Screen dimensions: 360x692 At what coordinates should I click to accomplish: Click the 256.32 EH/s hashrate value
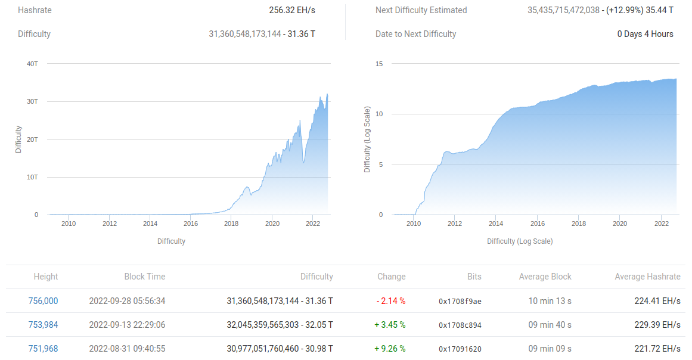tap(292, 10)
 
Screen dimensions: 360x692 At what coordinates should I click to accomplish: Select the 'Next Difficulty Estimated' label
tap(421, 10)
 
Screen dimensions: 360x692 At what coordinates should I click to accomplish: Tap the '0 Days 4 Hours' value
tap(645, 34)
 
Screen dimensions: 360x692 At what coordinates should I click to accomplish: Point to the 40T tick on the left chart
tap(32, 63)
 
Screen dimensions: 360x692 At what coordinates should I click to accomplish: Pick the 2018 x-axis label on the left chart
tap(231, 224)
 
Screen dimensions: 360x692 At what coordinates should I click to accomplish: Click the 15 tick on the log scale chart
tap(379, 64)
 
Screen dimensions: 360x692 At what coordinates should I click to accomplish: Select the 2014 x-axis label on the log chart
tap(496, 224)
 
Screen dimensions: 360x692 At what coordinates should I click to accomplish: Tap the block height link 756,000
tap(43, 301)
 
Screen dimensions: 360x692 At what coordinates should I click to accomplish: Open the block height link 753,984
tap(43, 325)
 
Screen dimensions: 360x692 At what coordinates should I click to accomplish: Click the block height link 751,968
tap(43, 349)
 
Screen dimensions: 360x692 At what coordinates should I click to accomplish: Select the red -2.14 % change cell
tap(391, 301)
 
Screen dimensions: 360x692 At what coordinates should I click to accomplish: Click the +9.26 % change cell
tap(391, 349)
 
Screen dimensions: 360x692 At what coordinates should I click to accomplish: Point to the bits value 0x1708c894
tap(460, 325)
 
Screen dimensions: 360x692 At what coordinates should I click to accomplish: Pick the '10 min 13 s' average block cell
tap(550, 301)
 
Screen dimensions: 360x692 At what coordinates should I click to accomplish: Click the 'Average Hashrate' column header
tap(647, 277)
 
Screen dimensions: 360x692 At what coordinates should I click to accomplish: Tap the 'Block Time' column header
tap(145, 277)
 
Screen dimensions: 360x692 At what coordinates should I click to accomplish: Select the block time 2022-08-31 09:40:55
tap(127, 349)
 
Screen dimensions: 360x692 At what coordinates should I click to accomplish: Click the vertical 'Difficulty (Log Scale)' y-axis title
tap(367, 139)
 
